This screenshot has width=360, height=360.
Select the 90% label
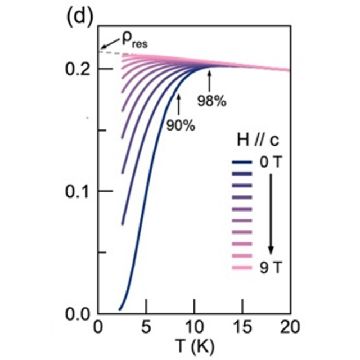(180, 125)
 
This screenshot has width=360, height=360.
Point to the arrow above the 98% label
(210, 82)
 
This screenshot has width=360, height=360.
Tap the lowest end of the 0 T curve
(119, 309)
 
